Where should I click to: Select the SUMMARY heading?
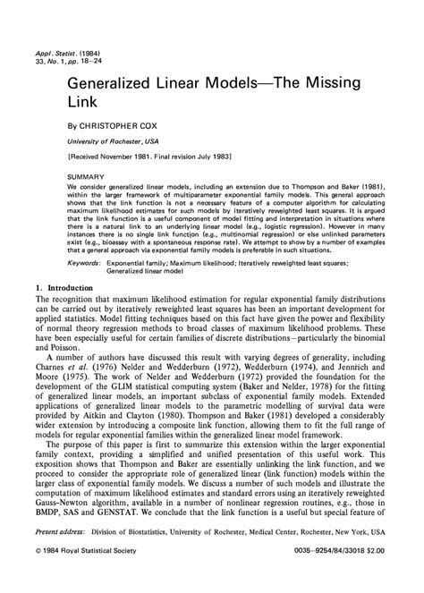(x=93, y=176)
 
